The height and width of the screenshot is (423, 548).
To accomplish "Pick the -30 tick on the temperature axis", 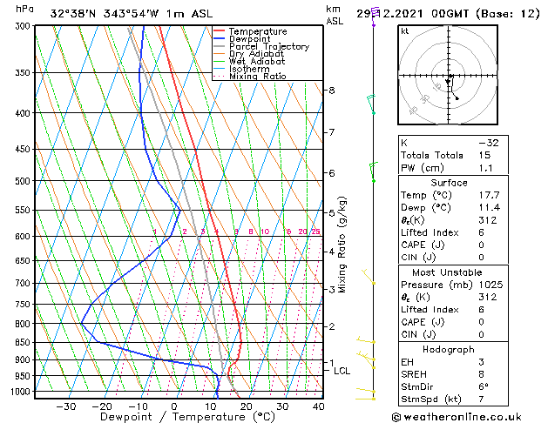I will [x=64, y=406].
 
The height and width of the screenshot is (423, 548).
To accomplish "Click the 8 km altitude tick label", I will [x=331, y=91].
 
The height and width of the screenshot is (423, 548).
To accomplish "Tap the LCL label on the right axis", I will [x=342, y=371].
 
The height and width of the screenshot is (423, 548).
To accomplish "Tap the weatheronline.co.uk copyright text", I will [x=474, y=416].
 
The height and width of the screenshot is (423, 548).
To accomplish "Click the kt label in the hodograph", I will [x=404, y=30].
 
